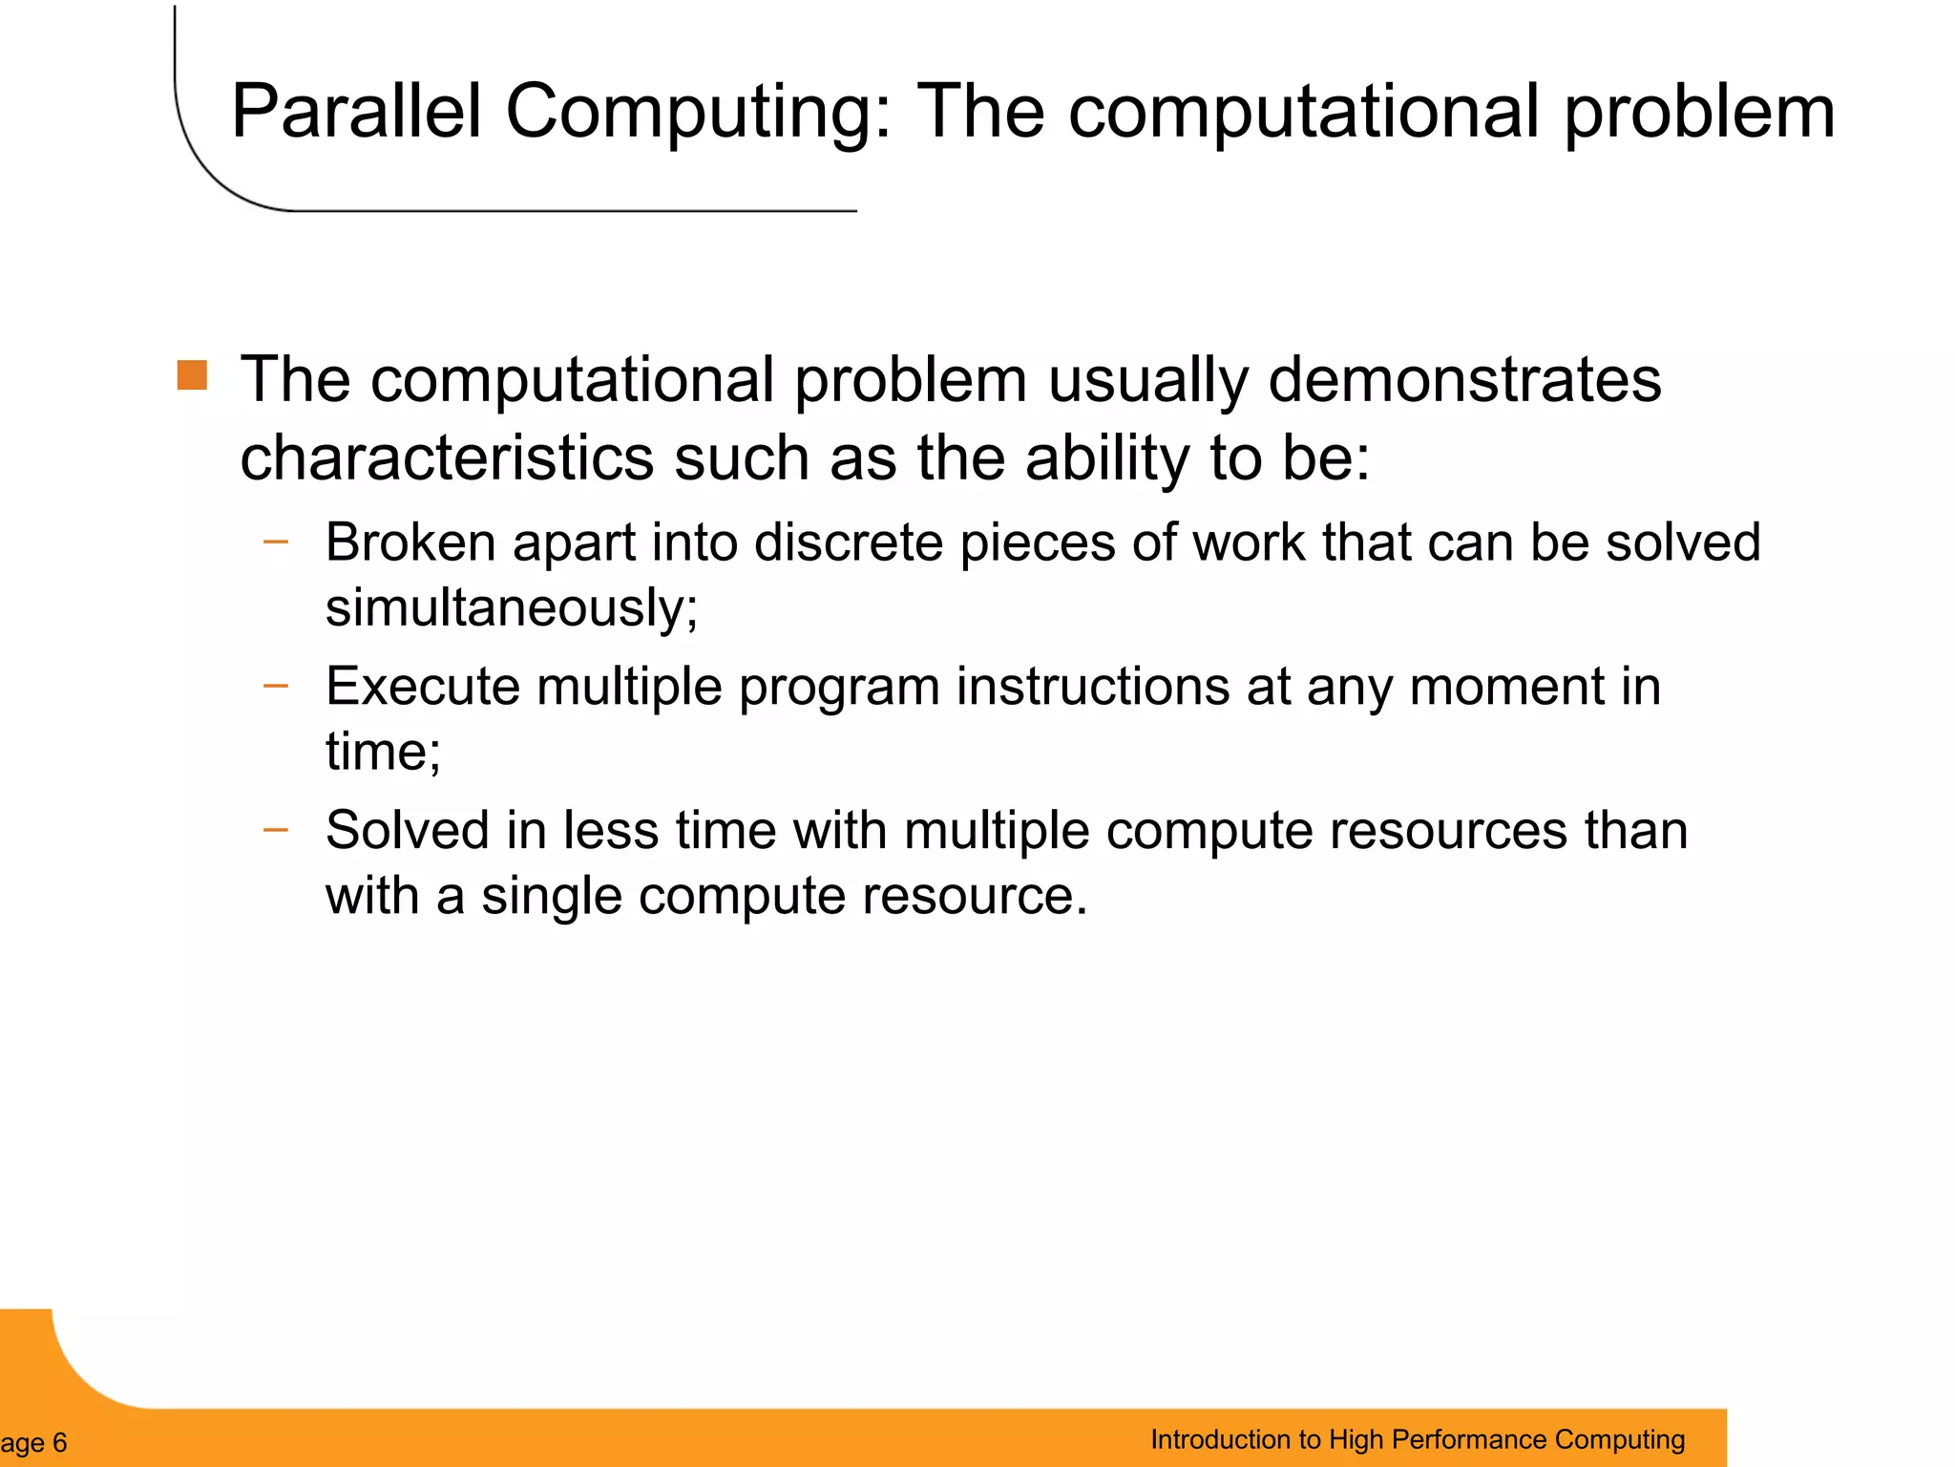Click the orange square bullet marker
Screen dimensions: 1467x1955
[x=192, y=375]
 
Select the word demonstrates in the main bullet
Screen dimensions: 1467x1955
[x=1464, y=380]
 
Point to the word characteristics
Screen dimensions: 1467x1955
[x=446, y=457]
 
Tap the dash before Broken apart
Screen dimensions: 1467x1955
[x=275, y=542]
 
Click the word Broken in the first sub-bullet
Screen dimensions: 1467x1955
[x=410, y=542]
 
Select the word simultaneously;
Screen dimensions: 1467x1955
[x=512, y=607]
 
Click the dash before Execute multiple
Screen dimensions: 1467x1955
[x=275, y=685]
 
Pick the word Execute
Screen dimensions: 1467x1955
[x=422, y=687]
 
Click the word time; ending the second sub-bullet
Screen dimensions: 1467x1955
[x=383, y=751]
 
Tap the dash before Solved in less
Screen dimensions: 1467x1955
[x=275, y=829]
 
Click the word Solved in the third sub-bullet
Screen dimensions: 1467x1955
[x=407, y=830]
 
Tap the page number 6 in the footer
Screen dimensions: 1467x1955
[x=59, y=1442]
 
